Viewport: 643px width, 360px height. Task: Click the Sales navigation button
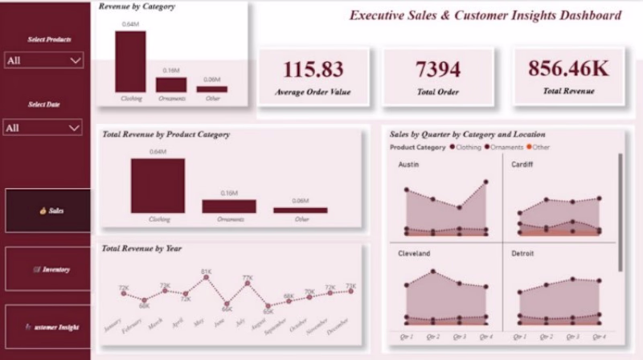[48, 211]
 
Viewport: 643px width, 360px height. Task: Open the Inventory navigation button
[48, 269]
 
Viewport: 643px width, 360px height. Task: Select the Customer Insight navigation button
[48, 327]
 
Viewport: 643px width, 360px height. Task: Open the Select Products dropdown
[43, 60]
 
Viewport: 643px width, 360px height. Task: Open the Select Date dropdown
[43, 128]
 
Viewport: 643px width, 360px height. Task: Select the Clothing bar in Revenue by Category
[130, 62]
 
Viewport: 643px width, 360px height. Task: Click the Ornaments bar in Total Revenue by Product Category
[229, 206]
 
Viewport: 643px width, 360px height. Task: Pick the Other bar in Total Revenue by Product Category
[301, 210]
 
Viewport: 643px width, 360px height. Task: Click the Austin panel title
[410, 165]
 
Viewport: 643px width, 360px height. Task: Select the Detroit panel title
[523, 253]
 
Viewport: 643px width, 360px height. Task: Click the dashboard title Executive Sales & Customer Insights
[485, 15]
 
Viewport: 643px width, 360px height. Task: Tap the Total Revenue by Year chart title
[141, 249]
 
